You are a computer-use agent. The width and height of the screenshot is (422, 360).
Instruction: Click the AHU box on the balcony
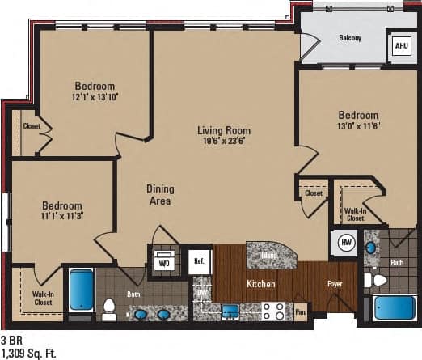(x=400, y=46)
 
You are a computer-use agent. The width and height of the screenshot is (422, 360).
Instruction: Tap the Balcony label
(x=349, y=38)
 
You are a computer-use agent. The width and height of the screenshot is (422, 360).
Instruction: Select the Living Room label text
(x=224, y=130)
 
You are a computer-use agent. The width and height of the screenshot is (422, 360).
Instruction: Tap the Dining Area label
(x=159, y=195)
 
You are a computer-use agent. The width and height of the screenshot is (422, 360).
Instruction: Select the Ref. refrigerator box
(x=199, y=262)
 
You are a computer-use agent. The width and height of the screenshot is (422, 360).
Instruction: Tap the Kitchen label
(x=261, y=285)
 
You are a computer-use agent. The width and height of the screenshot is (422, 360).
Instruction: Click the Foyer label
(x=335, y=284)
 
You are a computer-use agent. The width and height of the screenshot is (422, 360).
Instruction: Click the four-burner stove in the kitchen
(x=272, y=310)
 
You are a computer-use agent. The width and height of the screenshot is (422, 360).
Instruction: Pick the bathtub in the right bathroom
(x=391, y=310)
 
